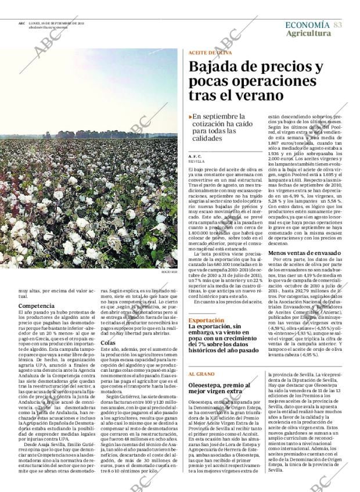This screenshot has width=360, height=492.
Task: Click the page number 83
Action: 338,25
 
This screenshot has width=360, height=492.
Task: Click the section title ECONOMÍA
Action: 308,25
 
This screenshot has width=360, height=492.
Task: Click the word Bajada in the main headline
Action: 215,67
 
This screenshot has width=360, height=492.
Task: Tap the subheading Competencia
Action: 37,304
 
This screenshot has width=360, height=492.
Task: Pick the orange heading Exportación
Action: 206,320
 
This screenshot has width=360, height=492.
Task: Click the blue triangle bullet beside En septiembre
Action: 191,117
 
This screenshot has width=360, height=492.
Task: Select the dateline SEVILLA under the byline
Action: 197,161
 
